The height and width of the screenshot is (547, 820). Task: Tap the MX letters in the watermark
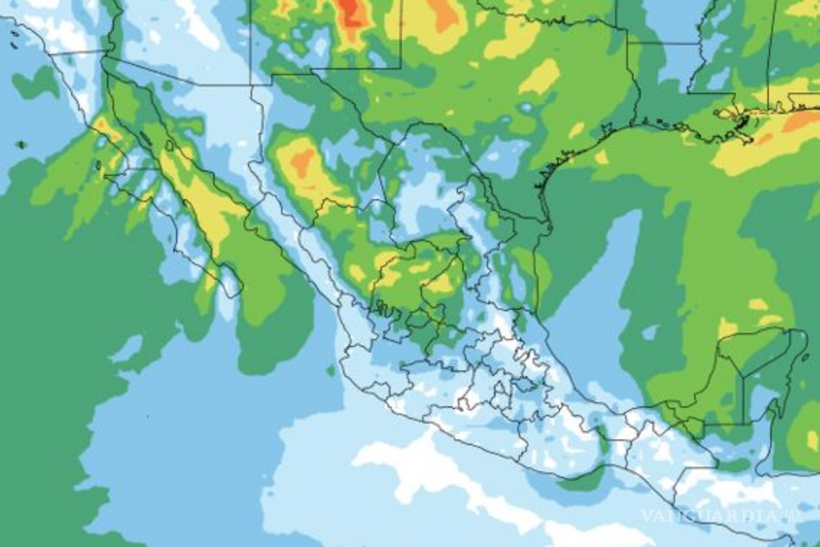point(794,516)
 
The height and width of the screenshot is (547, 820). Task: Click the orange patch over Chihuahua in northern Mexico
point(301,162)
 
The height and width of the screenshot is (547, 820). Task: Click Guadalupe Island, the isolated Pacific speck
point(21,144)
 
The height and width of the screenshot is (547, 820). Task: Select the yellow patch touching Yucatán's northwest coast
point(726,328)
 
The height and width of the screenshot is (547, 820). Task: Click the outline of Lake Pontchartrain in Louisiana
point(728,111)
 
